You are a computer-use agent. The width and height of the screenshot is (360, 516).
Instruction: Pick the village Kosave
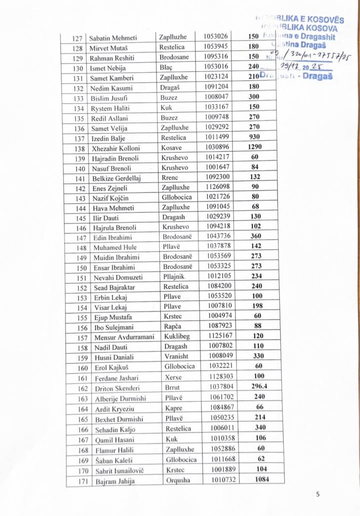pyautogui.click(x=172, y=148)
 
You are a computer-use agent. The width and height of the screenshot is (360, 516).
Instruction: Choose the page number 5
pyautogui.click(x=318, y=494)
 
